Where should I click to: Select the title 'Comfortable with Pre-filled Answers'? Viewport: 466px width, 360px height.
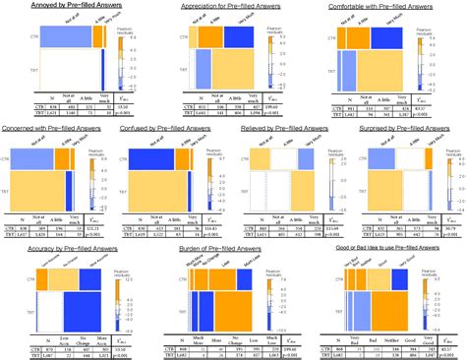point(386,6)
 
